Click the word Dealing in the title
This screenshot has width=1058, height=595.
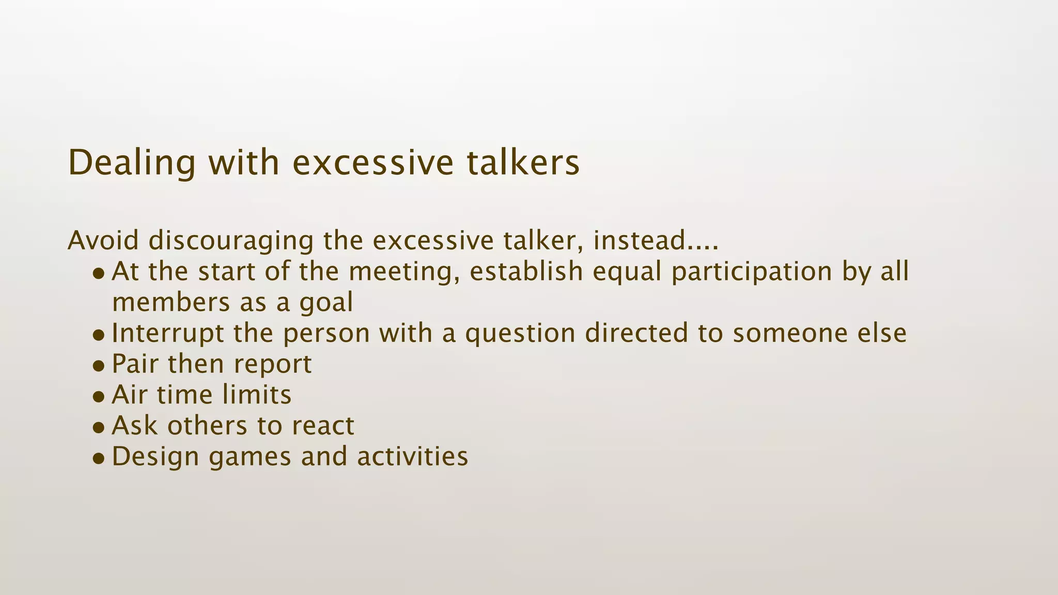131,163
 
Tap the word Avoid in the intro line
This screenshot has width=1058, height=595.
103,241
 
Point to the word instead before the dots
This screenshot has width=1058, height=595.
639,241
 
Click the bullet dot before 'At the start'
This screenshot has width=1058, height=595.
99,274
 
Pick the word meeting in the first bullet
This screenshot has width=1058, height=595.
405,273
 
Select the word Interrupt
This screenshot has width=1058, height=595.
167,334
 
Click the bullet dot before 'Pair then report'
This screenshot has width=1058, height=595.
99,366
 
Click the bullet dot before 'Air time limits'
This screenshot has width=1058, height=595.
99,397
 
